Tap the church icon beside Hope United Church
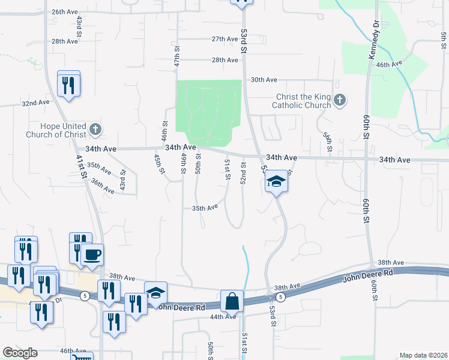click(95, 128)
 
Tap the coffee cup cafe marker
click(92, 255)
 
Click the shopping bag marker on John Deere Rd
click(232, 302)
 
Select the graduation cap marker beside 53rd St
click(277, 181)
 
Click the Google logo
click(20, 353)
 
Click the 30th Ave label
click(264, 79)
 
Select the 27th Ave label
click(224, 39)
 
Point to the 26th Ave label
click(65, 11)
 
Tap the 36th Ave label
click(101, 185)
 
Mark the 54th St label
click(328, 142)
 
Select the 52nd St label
click(244, 173)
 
